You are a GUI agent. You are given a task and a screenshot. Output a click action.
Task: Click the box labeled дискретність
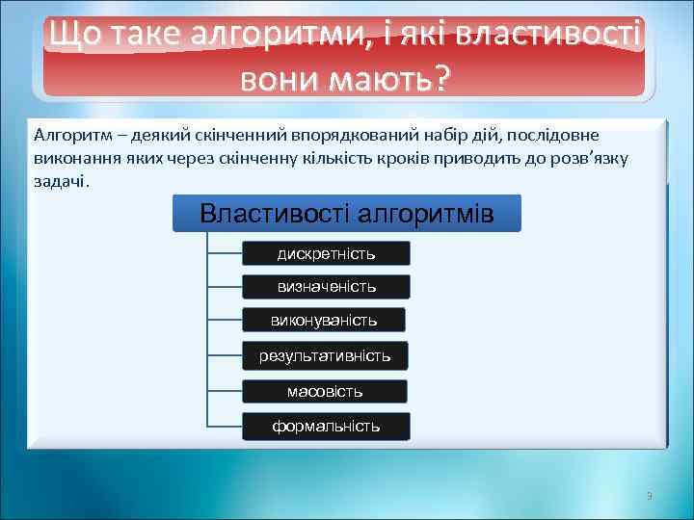[326, 254]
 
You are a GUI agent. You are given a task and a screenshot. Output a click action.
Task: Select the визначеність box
[326, 287]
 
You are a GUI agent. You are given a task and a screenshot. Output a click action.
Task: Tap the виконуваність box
[324, 320]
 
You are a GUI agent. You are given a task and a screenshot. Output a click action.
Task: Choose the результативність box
[325, 356]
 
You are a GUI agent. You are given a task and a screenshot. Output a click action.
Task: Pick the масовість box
[325, 392]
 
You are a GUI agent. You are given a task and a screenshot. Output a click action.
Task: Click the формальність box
[326, 426]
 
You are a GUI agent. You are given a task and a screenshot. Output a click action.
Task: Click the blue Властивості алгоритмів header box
[346, 214]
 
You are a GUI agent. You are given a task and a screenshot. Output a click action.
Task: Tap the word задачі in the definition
[60, 180]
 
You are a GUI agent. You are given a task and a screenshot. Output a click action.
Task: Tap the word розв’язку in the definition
[593, 158]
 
